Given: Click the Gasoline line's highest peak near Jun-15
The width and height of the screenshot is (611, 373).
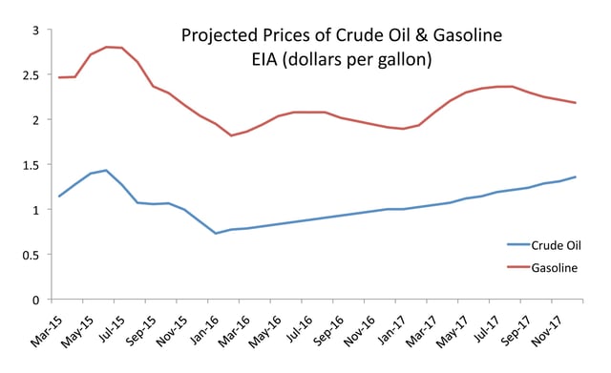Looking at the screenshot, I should click(x=107, y=47).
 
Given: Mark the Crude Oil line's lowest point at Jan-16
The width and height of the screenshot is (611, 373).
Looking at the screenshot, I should click(x=216, y=234).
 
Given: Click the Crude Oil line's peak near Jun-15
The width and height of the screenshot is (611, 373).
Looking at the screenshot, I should click(x=106, y=171).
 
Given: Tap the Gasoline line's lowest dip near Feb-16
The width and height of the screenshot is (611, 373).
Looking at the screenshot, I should click(x=231, y=135).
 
